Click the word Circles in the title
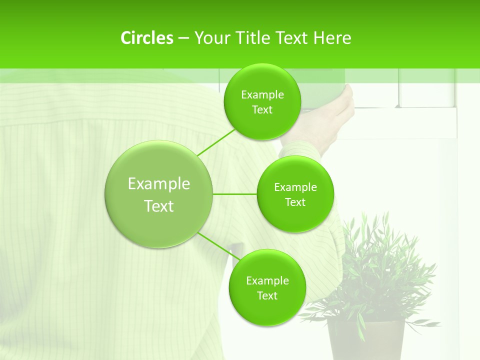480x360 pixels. click(146, 38)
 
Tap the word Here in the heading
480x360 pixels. click(332, 38)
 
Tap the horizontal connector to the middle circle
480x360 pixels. click(234, 194)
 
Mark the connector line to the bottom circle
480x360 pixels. click(218, 246)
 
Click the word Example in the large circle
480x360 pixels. click(159, 184)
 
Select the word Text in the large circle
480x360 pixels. click(159, 206)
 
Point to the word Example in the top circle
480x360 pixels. click(262, 95)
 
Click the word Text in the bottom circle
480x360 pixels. click(267, 295)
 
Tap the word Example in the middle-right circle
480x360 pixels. click(295, 187)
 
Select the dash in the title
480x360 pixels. click(183, 38)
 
